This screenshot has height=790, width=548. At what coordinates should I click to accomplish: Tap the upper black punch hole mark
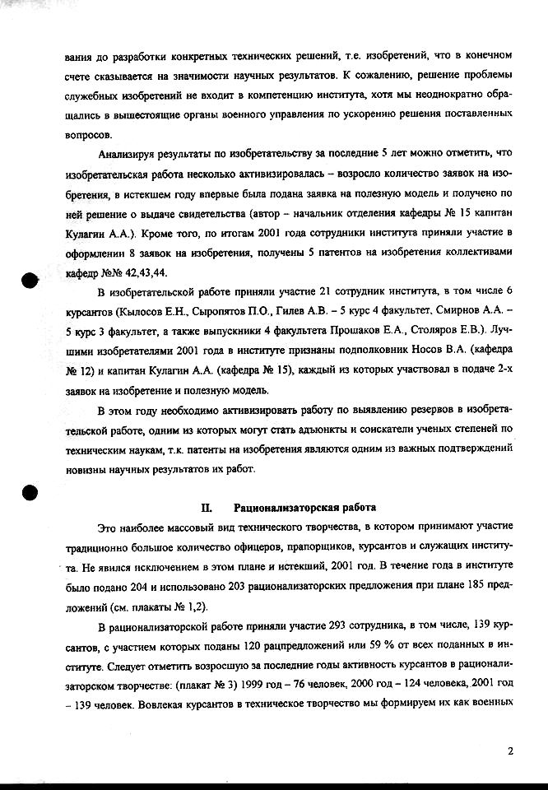pyautogui.click(x=30, y=280)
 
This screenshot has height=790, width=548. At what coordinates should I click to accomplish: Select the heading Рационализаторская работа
pyautogui.click(x=305, y=508)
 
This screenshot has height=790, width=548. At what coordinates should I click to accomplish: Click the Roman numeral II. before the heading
pyautogui.click(x=207, y=508)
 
